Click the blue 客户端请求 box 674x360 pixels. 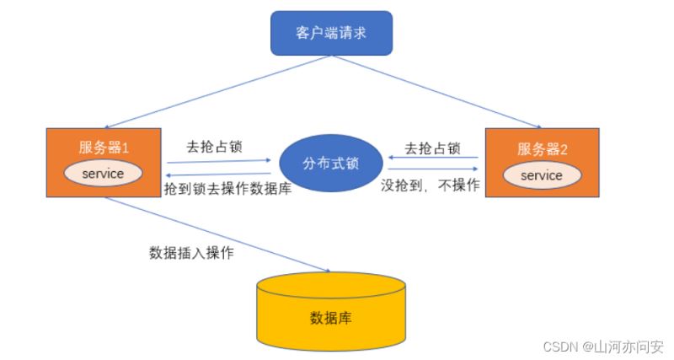[x=331, y=34]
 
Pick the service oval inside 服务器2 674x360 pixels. [x=541, y=175]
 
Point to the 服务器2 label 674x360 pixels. [x=543, y=149]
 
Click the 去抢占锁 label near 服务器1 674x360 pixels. [x=216, y=144]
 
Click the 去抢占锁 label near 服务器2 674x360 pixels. [x=432, y=148]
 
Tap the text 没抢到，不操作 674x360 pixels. [x=431, y=185]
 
